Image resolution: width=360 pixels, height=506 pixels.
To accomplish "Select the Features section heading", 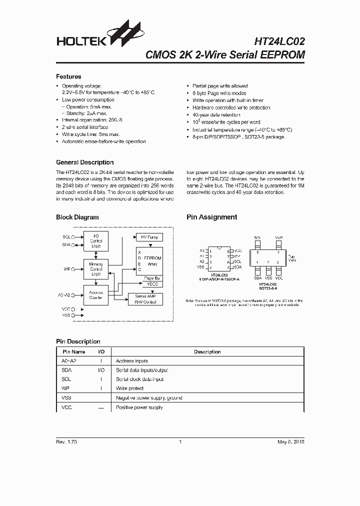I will point(68,76).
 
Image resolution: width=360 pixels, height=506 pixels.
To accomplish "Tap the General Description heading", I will point(84,162).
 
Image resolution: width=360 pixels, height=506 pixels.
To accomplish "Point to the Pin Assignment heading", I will point(211,217).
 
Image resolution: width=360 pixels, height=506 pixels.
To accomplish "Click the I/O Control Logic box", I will point(96,241).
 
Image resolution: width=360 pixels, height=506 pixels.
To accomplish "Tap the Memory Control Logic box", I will point(96,268).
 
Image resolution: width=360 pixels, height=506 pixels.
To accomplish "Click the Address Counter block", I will point(96,295).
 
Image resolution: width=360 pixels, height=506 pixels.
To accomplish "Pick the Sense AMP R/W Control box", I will point(145,299).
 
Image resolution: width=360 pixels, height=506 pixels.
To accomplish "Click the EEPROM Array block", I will point(151,260).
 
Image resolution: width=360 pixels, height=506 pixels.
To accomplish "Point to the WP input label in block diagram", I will point(66,269).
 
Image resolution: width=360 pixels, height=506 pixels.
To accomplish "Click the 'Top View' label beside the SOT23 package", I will point(292,258).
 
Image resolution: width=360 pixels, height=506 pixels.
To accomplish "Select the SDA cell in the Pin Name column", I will point(66,370).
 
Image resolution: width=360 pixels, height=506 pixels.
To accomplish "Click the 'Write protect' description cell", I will point(130,388).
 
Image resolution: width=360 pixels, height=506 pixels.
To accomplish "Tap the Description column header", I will point(207,352).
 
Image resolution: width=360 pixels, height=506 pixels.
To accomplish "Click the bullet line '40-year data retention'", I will point(216,115).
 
